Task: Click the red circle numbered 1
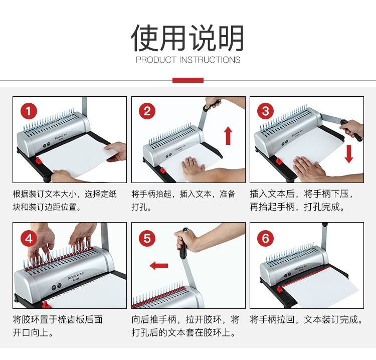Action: pyautogui.click(x=29, y=111)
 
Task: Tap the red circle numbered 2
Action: pyautogui.click(x=147, y=111)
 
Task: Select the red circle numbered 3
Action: pyautogui.click(x=265, y=111)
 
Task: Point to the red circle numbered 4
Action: pyautogui.click(x=29, y=238)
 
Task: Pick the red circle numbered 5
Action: pyautogui.click(x=147, y=238)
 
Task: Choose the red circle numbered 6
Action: pyautogui.click(x=265, y=238)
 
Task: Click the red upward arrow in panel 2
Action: pyautogui.click(x=228, y=136)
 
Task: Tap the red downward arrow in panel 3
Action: pyautogui.click(x=349, y=154)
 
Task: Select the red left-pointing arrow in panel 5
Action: pyautogui.click(x=159, y=266)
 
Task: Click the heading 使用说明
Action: pyautogui.click(x=188, y=38)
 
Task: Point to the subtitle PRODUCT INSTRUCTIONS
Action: pyautogui.click(x=188, y=60)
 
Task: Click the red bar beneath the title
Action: pyautogui.click(x=188, y=80)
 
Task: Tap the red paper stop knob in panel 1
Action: pyautogui.click(x=39, y=160)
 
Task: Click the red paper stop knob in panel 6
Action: pyautogui.click(x=279, y=288)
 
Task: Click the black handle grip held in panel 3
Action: pyautogui.click(x=352, y=130)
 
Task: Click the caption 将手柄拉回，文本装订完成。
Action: pyautogui.click(x=306, y=319)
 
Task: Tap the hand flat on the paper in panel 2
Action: pyautogui.click(x=193, y=168)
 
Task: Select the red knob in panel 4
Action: pyautogui.click(x=46, y=305)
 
